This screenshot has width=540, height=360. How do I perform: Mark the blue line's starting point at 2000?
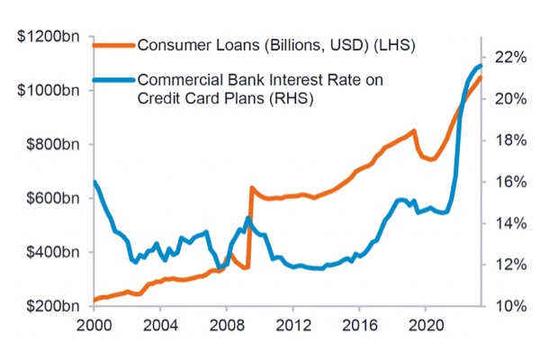click(94, 183)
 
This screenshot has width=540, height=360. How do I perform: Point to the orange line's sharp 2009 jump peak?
click(252, 188)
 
